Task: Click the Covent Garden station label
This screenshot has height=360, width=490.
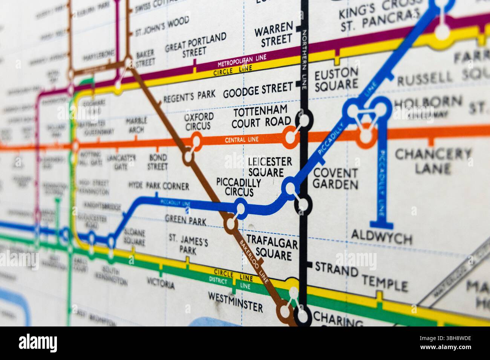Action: pyautogui.click(x=335, y=178)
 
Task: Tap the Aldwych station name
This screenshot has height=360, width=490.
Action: pyautogui.click(x=381, y=237)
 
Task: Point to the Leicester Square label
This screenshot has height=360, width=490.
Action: pyautogui.click(x=269, y=167)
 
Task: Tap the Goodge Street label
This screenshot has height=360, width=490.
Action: pyautogui.click(x=258, y=90)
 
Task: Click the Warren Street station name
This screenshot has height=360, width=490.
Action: pyautogui.click(x=274, y=33)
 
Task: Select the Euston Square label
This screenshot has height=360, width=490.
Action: pyautogui.click(x=336, y=79)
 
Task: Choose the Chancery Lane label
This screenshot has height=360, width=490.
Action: pyautogui.click(x=433, y=160)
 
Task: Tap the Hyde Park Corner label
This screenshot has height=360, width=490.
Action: pyautogui.click(x=159, y=186)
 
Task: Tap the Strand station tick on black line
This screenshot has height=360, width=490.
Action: pyautogui.click(x=309, y=265)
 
